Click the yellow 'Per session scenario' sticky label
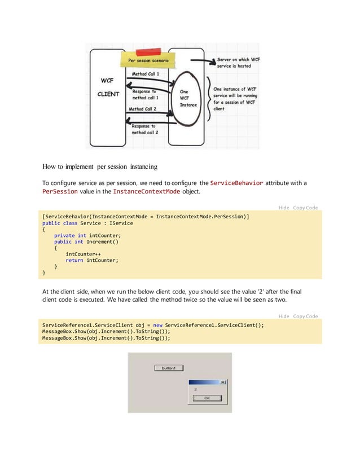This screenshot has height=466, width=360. [151, 60]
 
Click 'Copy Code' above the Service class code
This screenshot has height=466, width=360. [305, 208]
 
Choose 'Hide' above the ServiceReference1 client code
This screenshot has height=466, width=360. [284, 316]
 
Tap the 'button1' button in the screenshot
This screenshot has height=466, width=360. [169, 368]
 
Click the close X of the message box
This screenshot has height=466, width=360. [223, 382]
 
